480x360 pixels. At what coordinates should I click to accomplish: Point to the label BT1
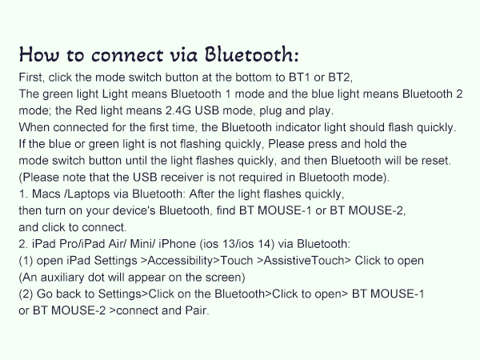tap(309, 77)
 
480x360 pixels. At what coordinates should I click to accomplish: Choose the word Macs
tap(46, 194)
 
